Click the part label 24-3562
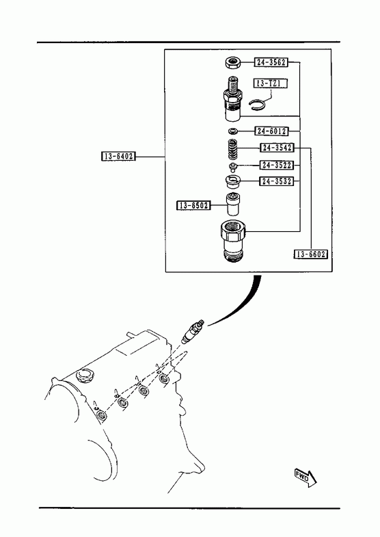click(x=271, y=62)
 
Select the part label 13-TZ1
click(x=271, y=83)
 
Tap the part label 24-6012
click(x=271, y=131)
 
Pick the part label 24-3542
click(x=277, y=148)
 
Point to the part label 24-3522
click(x=277, y=165)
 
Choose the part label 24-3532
click(x=277, y=181)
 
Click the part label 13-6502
click(x=193, y=205)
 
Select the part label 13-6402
click(x=119, y=156)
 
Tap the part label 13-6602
click(x=311, y=254)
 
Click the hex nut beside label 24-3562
click(x=233, y=63)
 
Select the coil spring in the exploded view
click(x=232, y=150)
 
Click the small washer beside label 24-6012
click(x=233, y=131)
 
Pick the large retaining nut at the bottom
click(x=234, y=241)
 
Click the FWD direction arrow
click(x=306, y=477)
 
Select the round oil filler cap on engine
click(x=83, y=376)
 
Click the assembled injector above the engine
click(x=193, y=331)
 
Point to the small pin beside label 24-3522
click(x=232, y=167)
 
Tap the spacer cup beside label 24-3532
click(x=233, y=181)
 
